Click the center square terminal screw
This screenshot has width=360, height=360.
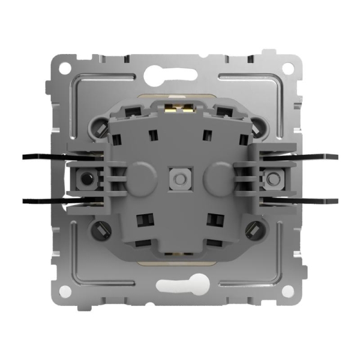[x=178, y=179]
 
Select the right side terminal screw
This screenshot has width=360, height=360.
[x=273, y=179]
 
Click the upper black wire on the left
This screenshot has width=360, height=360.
[x=42, y=157]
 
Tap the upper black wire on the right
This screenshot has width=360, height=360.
[x=318, y=157]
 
